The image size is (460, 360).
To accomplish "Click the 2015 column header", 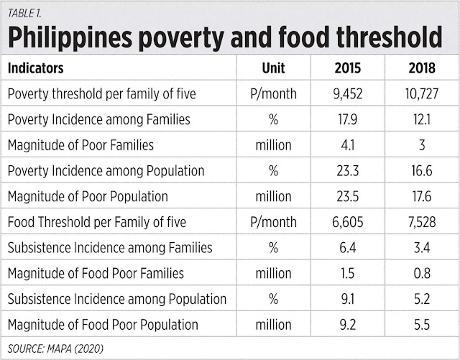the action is (x=348, y=68).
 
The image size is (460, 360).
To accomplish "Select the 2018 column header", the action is (x=422, y=68).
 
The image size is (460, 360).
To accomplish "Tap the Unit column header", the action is (x=273, y=68).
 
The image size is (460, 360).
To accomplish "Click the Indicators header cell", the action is (x=35, y=68).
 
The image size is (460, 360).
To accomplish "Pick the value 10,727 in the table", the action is (x=422, y=93).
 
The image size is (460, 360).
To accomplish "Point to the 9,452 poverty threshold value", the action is (x=348, y=93).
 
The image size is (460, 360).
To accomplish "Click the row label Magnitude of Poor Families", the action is (x=80, y=145).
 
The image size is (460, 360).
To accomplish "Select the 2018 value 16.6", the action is (x=422, y=170).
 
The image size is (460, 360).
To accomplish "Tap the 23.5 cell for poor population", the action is (x=348, y=196).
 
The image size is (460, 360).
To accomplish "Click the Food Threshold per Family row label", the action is (x=97, y=222).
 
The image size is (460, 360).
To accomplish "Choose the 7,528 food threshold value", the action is (x=422, y=222).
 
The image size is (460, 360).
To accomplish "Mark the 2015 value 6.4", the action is (x=348, y=248).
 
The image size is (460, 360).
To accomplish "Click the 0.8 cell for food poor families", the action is (x=422, y=273).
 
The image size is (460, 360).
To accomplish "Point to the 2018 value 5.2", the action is (x=422, y=299).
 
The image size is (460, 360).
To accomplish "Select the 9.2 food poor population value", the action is (x=348, y=325).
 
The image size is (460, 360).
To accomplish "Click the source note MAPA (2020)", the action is (x=75, y=349).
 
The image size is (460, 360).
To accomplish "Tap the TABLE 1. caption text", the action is (x=24, y=13).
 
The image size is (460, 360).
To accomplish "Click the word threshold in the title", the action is (x=390, y=37).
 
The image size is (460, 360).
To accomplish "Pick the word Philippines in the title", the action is (x=70, y=38).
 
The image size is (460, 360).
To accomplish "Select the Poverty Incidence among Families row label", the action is (x=99, y=119).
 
